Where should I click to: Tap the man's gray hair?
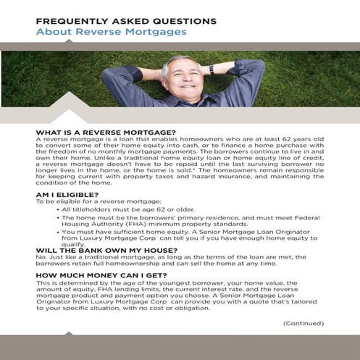(x=174, y=61)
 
